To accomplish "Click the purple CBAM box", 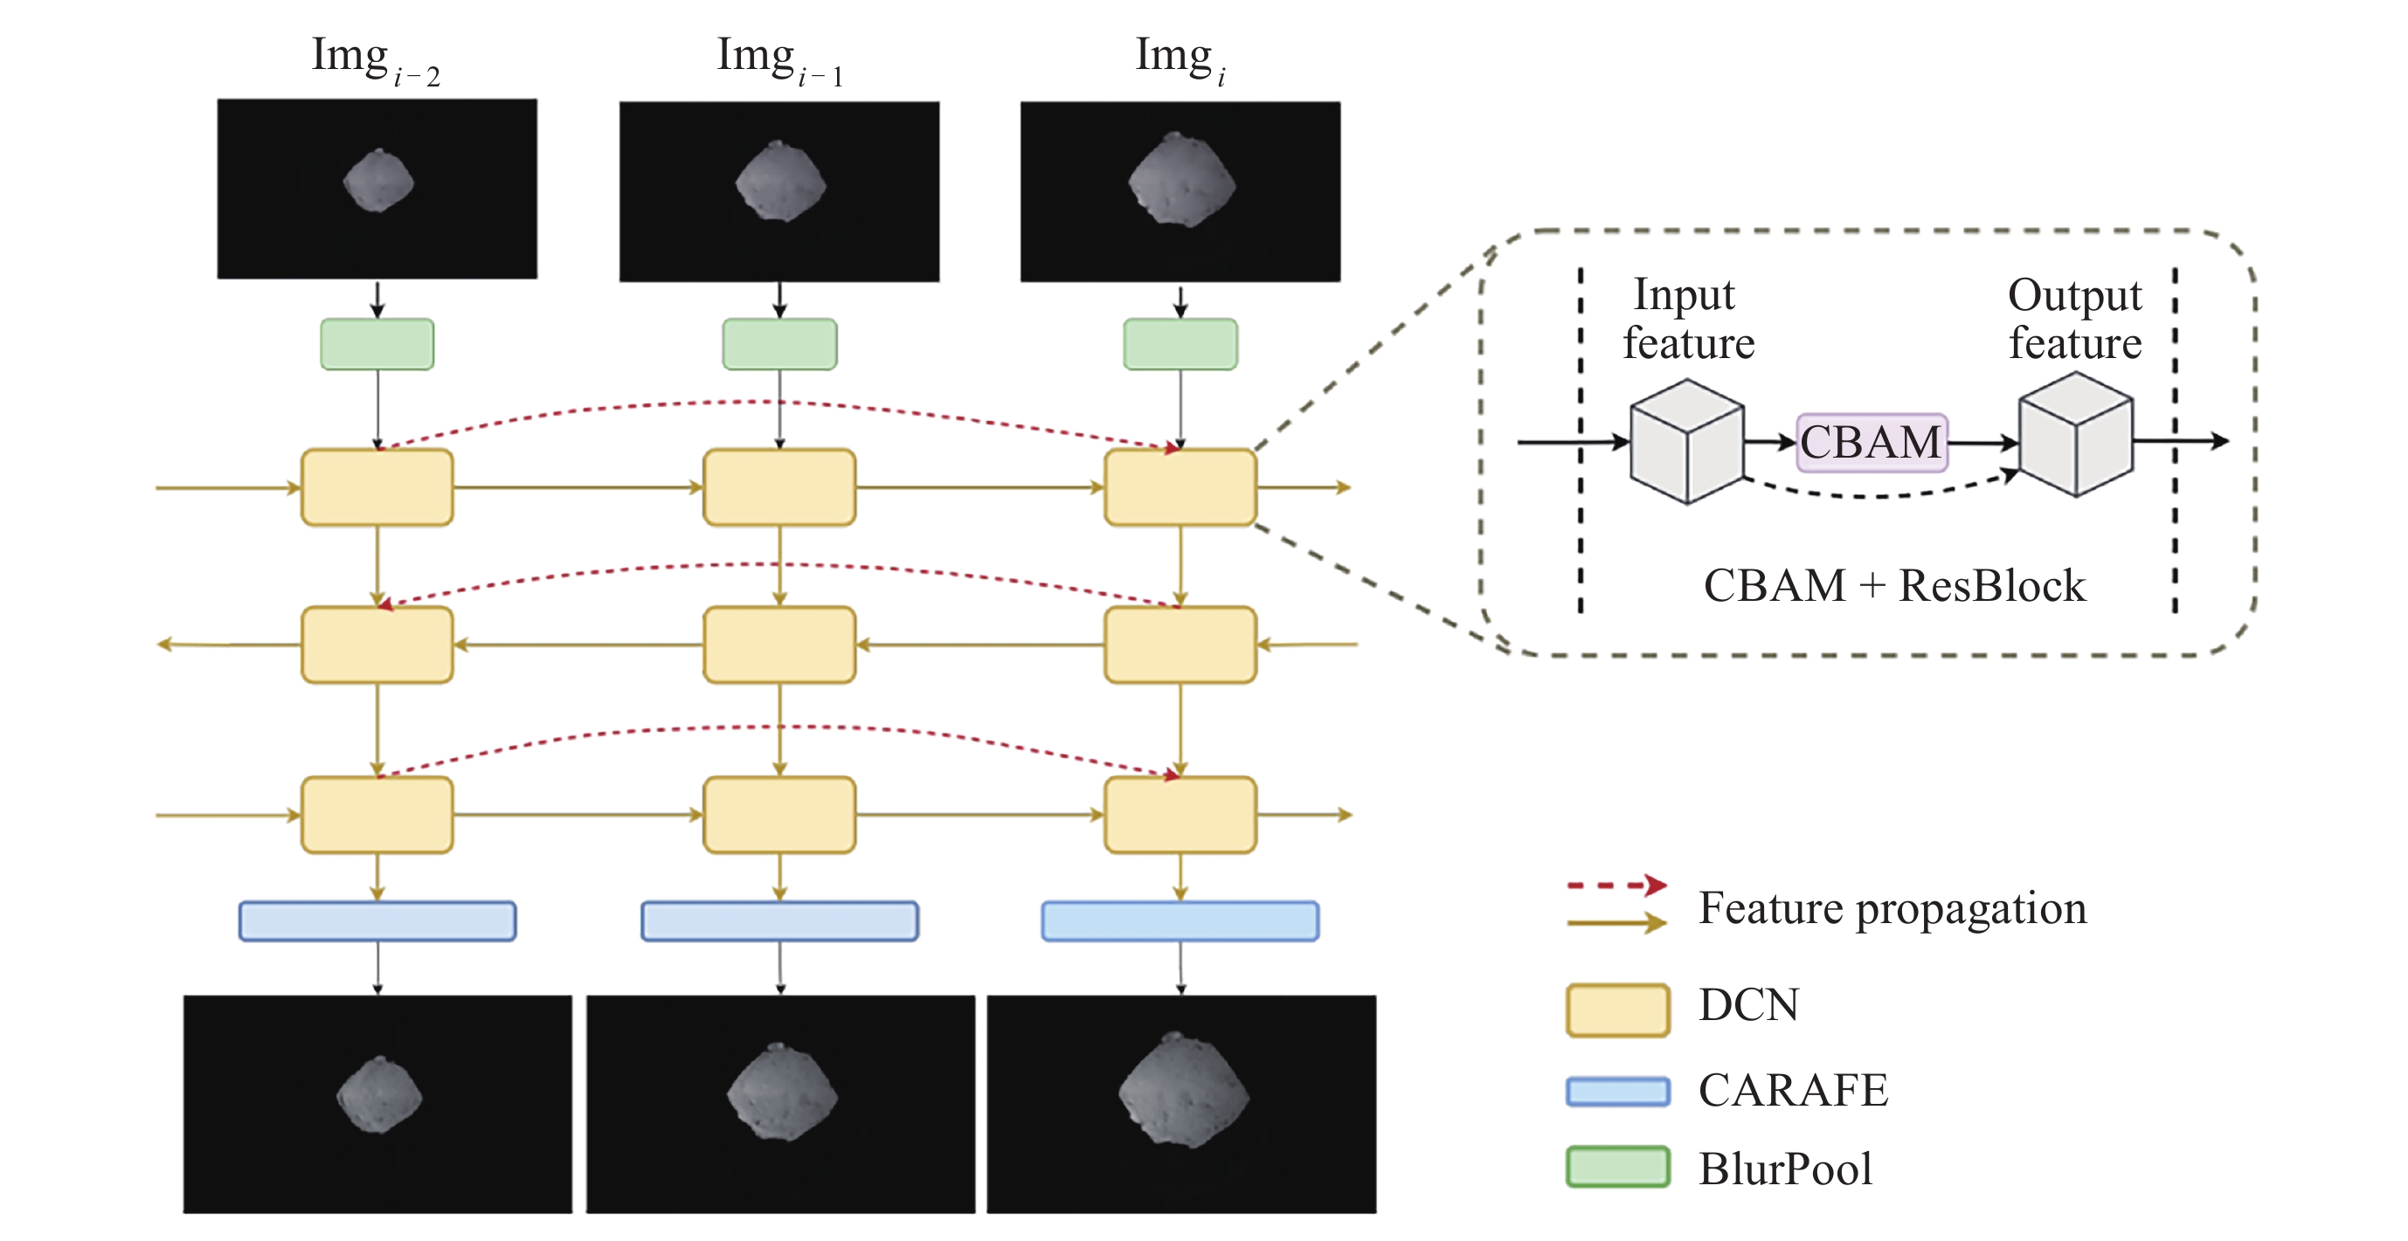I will pos(1872,442).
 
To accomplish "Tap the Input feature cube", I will pos(1686,441).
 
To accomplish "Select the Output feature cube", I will pos(2075,436).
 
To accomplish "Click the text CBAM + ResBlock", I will pos(1894,587).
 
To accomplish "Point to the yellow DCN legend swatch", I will pos(1617,1010).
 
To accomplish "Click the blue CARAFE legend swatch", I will pos(1617,1092).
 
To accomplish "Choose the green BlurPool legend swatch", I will pos(1617,1167).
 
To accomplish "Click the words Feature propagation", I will pos(1892,908).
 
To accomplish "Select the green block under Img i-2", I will pos(377,344).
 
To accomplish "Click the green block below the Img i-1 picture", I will pos(779,344).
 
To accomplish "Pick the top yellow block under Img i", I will pos(1180,486).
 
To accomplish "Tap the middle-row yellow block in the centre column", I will pos(779,645).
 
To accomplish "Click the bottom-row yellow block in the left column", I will pos(377,815).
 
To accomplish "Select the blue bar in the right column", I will pos(1180,920).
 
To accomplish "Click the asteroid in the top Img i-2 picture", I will pos(377,181).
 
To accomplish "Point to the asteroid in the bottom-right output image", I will pos(1183,1091).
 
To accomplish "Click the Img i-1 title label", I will pos(779,58).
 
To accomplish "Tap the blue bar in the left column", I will pos(377,920).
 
